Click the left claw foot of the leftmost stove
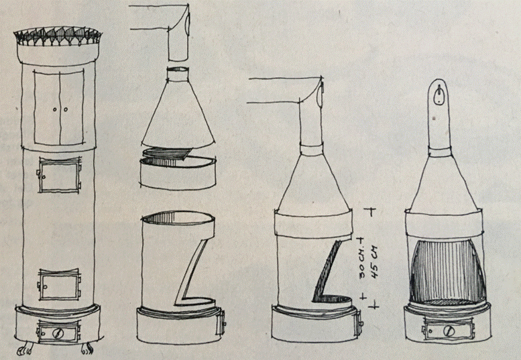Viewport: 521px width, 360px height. point(26,350)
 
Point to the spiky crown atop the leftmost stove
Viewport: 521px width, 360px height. point(58,36)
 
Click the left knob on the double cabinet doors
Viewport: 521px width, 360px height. point(54,109)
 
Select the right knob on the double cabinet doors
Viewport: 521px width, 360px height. point(66,109)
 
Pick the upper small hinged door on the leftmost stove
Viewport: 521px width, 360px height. point(59,175)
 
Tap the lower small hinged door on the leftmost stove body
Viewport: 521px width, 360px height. point(60,285)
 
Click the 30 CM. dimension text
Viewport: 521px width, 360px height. point(363,263)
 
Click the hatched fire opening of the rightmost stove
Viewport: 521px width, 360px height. point(447,272)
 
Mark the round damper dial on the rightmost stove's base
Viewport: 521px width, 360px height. point(449,330)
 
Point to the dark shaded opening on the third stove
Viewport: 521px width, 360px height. point(329,273)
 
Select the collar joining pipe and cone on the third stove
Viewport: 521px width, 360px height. point(311,149)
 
